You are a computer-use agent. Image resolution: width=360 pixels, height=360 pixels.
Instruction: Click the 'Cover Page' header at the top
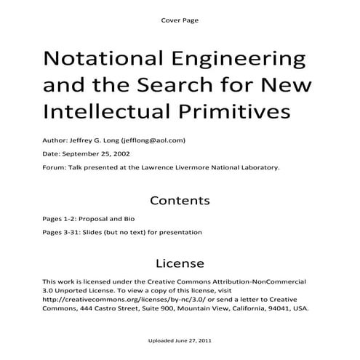pyautogui.click(x=179, y=20)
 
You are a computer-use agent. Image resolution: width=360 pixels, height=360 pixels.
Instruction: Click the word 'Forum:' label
pyautogui.click(x=53, y=167)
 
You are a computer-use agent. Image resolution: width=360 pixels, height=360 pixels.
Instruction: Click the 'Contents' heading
pyautogui.click(x=180, y=200)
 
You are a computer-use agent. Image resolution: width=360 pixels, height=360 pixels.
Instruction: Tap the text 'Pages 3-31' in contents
pyautogui.click(x=60, y=233)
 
